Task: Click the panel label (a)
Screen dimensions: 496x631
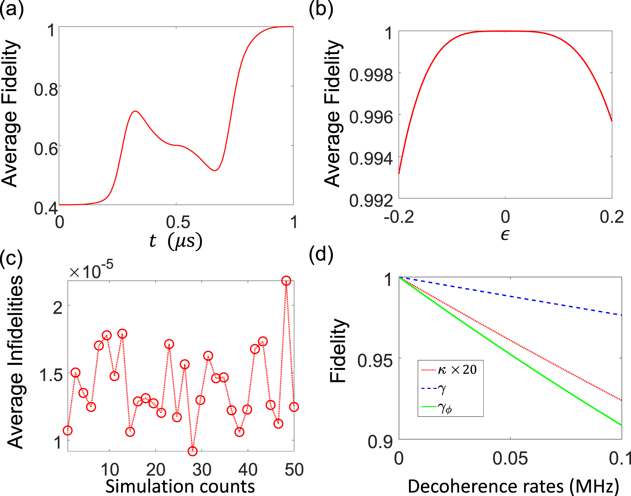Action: coord(12,9)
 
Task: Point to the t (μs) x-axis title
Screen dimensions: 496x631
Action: coord(176,241)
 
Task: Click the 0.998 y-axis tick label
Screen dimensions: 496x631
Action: coord(371,75)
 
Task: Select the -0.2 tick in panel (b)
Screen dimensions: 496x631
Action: coord(399,217)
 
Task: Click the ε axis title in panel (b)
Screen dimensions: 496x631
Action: coord(505,235)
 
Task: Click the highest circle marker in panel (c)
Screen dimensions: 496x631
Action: coord(286,281)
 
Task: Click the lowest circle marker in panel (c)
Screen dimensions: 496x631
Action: coord(192,451)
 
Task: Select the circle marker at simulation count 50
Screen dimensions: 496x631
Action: coord(294,407)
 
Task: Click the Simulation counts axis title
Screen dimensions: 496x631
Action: coord(180,486)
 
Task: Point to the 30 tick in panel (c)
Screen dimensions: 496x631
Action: coord(202,470)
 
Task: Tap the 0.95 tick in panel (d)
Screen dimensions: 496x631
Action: coord(375,361)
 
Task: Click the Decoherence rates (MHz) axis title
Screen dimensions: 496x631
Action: coord(513,486)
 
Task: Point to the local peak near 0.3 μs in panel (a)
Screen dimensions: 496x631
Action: coord(135,111)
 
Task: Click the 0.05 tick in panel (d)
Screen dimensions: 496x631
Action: coord(510,458)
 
